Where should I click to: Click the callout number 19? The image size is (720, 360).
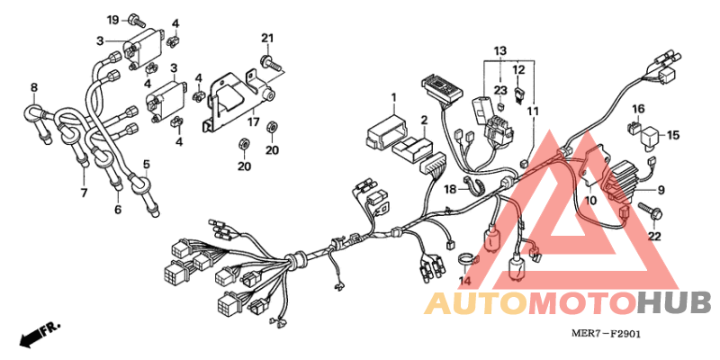pyautogui.click(x=113, y=20)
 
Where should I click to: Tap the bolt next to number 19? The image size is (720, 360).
pyautogui.click(x=138, y=20)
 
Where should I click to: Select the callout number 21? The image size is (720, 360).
pyautogui.click(x=267, y=38)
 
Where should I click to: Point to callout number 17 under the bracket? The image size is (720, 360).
pyautogui.click(x=254, y=122)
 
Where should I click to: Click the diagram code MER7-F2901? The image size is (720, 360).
pyautogui.click(x=606, y=334)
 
